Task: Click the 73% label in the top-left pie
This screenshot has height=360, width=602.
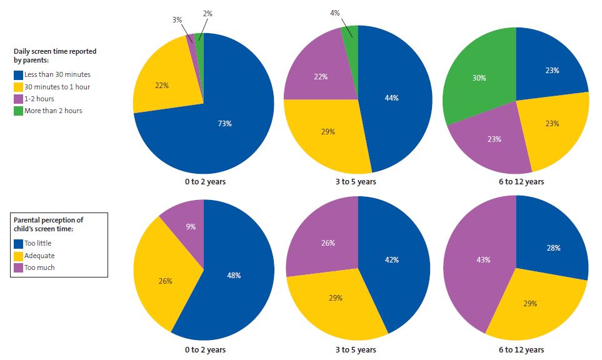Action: click(x=224, y=124)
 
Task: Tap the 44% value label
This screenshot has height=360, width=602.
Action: click(x=391, y=98)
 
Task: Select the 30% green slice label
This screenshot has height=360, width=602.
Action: click(x=479, y=78)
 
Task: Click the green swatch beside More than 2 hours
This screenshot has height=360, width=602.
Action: click(x=18, y=111)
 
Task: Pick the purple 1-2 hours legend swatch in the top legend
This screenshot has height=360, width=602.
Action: click(x=18, y=99)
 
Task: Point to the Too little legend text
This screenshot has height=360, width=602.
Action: click(x=39, y=244)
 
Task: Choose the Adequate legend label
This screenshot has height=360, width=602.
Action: click(x=39, y=256)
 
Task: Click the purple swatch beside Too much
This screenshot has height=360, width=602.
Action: click(x=18, y=267)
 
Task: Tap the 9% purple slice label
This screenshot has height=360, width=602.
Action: click(x=191, y=226)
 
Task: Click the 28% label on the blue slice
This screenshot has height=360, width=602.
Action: click(x=553, y=247)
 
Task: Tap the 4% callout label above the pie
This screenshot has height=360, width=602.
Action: click(x=335, y=12)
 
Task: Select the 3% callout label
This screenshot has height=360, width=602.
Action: click(x=177, y=19)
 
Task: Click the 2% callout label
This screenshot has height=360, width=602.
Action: click(x=208, y=13)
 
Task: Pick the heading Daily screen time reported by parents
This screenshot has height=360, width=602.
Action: click(x=55, y=56)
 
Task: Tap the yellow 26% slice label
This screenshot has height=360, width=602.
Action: click(x=165, y=281)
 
